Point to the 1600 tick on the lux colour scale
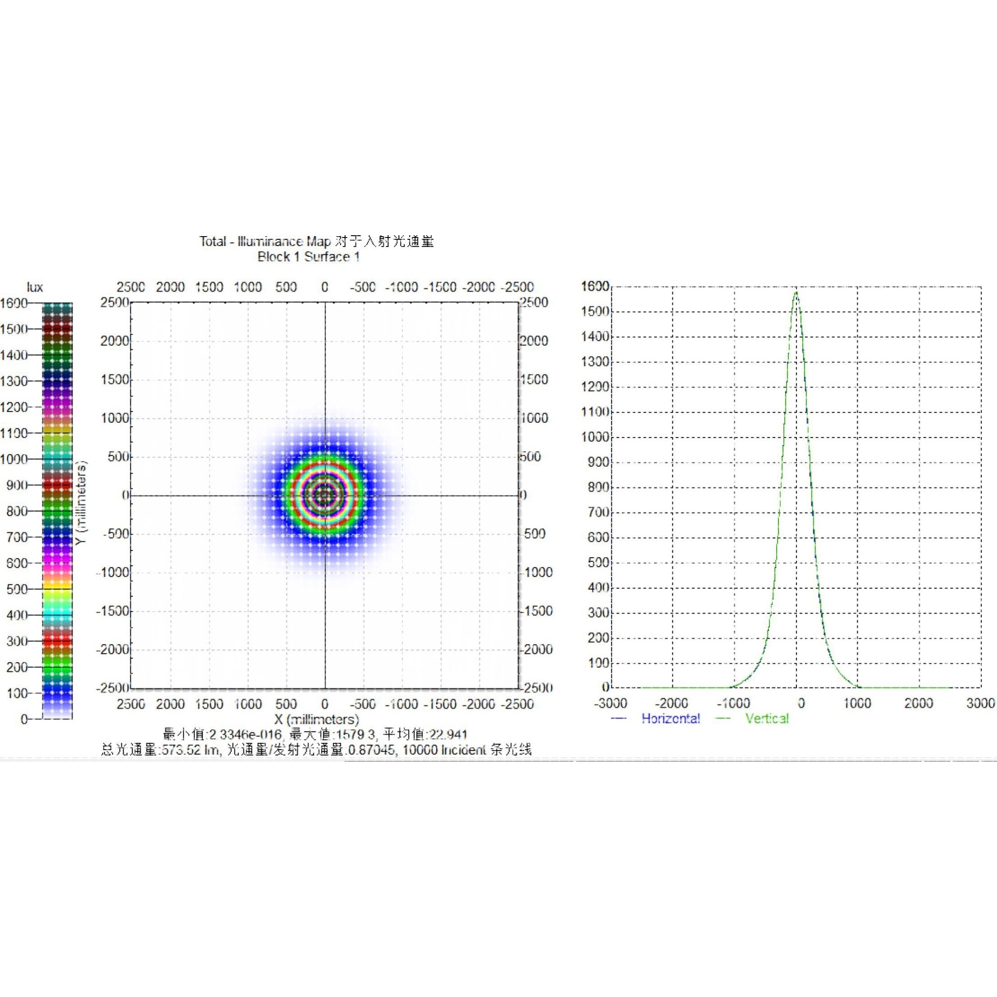(14, 303)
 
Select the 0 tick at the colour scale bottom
(24, 719)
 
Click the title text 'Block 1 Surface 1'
(308, 257)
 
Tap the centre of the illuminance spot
(325, 495)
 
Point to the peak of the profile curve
(796, 293)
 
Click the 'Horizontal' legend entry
(671, 718)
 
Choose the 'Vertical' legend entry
(767, 718)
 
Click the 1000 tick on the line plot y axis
(595, 437)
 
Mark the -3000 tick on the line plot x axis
(610, 703)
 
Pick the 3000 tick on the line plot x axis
(980, 703)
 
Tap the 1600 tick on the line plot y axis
(595, 286)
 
